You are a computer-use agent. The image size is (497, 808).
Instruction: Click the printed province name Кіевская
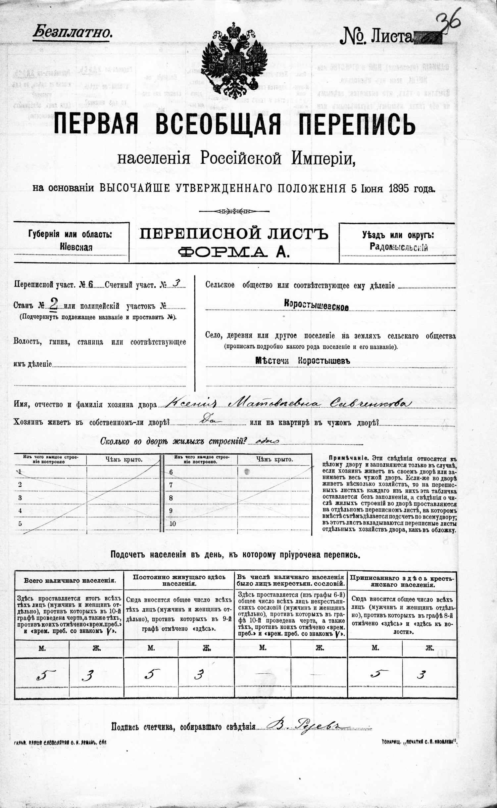tap(76, 247)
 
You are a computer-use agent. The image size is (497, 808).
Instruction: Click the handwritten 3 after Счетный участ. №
tap(177, 284)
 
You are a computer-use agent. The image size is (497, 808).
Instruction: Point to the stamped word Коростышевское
tap(317, 307)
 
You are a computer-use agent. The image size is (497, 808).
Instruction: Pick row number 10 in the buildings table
tap(173, 524)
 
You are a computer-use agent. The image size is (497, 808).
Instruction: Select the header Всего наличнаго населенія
tap(70, 580)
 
